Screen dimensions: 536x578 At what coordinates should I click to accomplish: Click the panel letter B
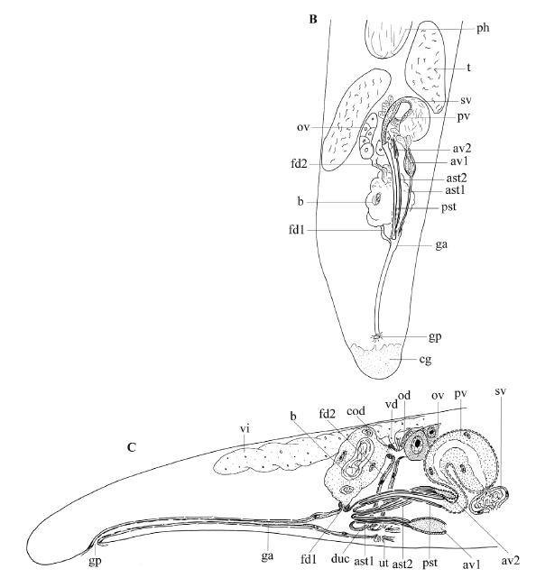313,19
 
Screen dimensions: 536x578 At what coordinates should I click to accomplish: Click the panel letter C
132,447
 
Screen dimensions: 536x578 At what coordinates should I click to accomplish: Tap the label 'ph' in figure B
483,28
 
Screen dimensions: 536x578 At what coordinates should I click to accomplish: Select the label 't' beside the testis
469,68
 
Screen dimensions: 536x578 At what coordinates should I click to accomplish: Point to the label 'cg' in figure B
425,360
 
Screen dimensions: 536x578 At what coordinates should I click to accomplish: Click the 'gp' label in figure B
435,337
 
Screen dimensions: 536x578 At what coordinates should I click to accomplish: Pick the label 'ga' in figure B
441,244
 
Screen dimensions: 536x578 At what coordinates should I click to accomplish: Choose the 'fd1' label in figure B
297,230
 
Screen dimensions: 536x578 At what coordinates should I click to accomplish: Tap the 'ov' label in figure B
303,127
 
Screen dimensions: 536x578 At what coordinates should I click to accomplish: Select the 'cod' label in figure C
356,410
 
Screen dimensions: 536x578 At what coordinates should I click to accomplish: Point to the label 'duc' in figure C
340,559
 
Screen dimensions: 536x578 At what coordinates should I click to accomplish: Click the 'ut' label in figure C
384,563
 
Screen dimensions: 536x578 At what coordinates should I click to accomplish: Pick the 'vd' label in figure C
392,404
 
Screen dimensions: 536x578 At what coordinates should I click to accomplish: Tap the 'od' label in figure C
404,396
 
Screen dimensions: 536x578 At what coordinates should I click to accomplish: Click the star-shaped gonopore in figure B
376,336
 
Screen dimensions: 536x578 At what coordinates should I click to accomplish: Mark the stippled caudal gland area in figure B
375,361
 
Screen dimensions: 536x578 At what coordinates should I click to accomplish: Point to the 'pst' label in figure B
449,207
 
